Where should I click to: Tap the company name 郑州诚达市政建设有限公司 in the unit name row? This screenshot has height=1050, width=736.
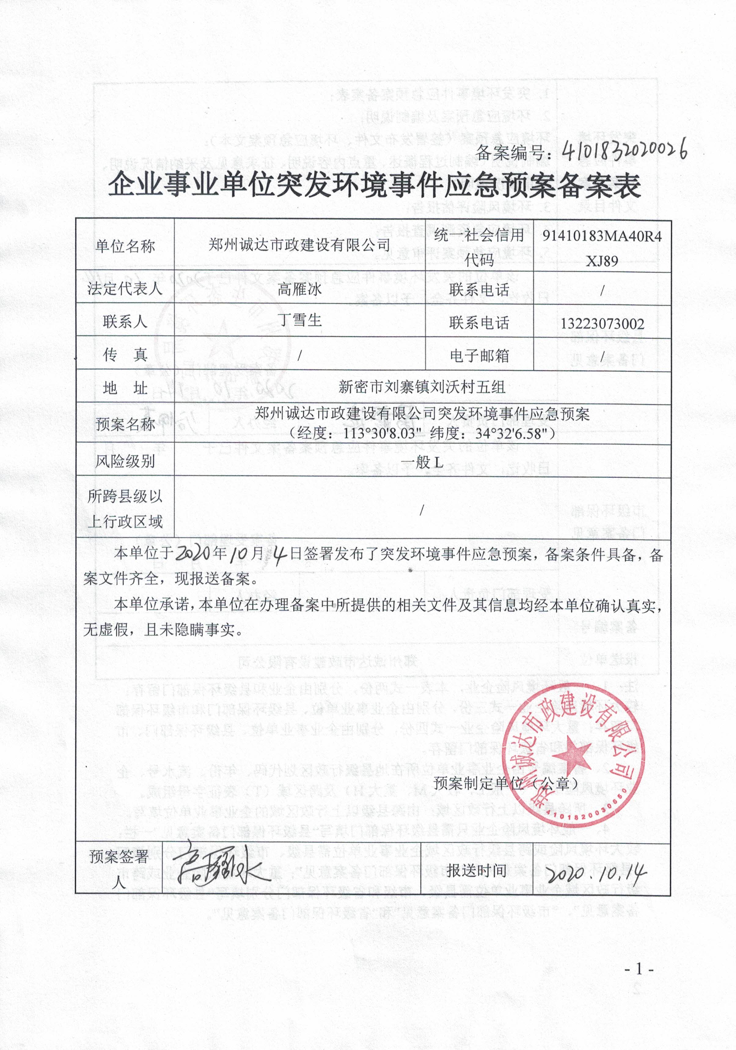tap(299, 245)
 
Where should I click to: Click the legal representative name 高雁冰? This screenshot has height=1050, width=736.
tap(299, 289)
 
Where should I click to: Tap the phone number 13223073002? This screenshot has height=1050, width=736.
tap(602, 324)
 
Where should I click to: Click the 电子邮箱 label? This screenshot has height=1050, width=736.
tap(479, 355)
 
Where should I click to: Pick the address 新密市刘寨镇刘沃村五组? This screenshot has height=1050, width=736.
tap(422, 387)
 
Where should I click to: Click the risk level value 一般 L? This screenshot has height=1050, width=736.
tap(422, 462)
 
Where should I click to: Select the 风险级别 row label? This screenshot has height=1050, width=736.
tap(125, 461)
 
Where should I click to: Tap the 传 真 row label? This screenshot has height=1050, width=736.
tap(125, 355)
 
